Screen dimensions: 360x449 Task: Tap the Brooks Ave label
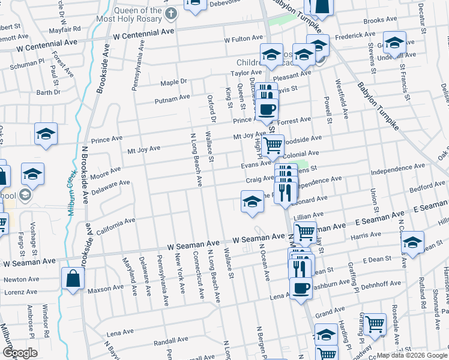pos(381,20)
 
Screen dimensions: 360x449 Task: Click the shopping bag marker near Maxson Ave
pos(73,279)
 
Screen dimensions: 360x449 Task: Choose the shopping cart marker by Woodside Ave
pos(273,145)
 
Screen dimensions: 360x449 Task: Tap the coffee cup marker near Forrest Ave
pos(267,110)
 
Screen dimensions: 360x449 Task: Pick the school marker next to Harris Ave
pos(412,242)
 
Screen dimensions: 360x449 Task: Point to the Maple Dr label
pos(174,82)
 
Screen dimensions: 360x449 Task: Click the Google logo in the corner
pos(20,353)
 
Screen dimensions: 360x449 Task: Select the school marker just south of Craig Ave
pos(253,201)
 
